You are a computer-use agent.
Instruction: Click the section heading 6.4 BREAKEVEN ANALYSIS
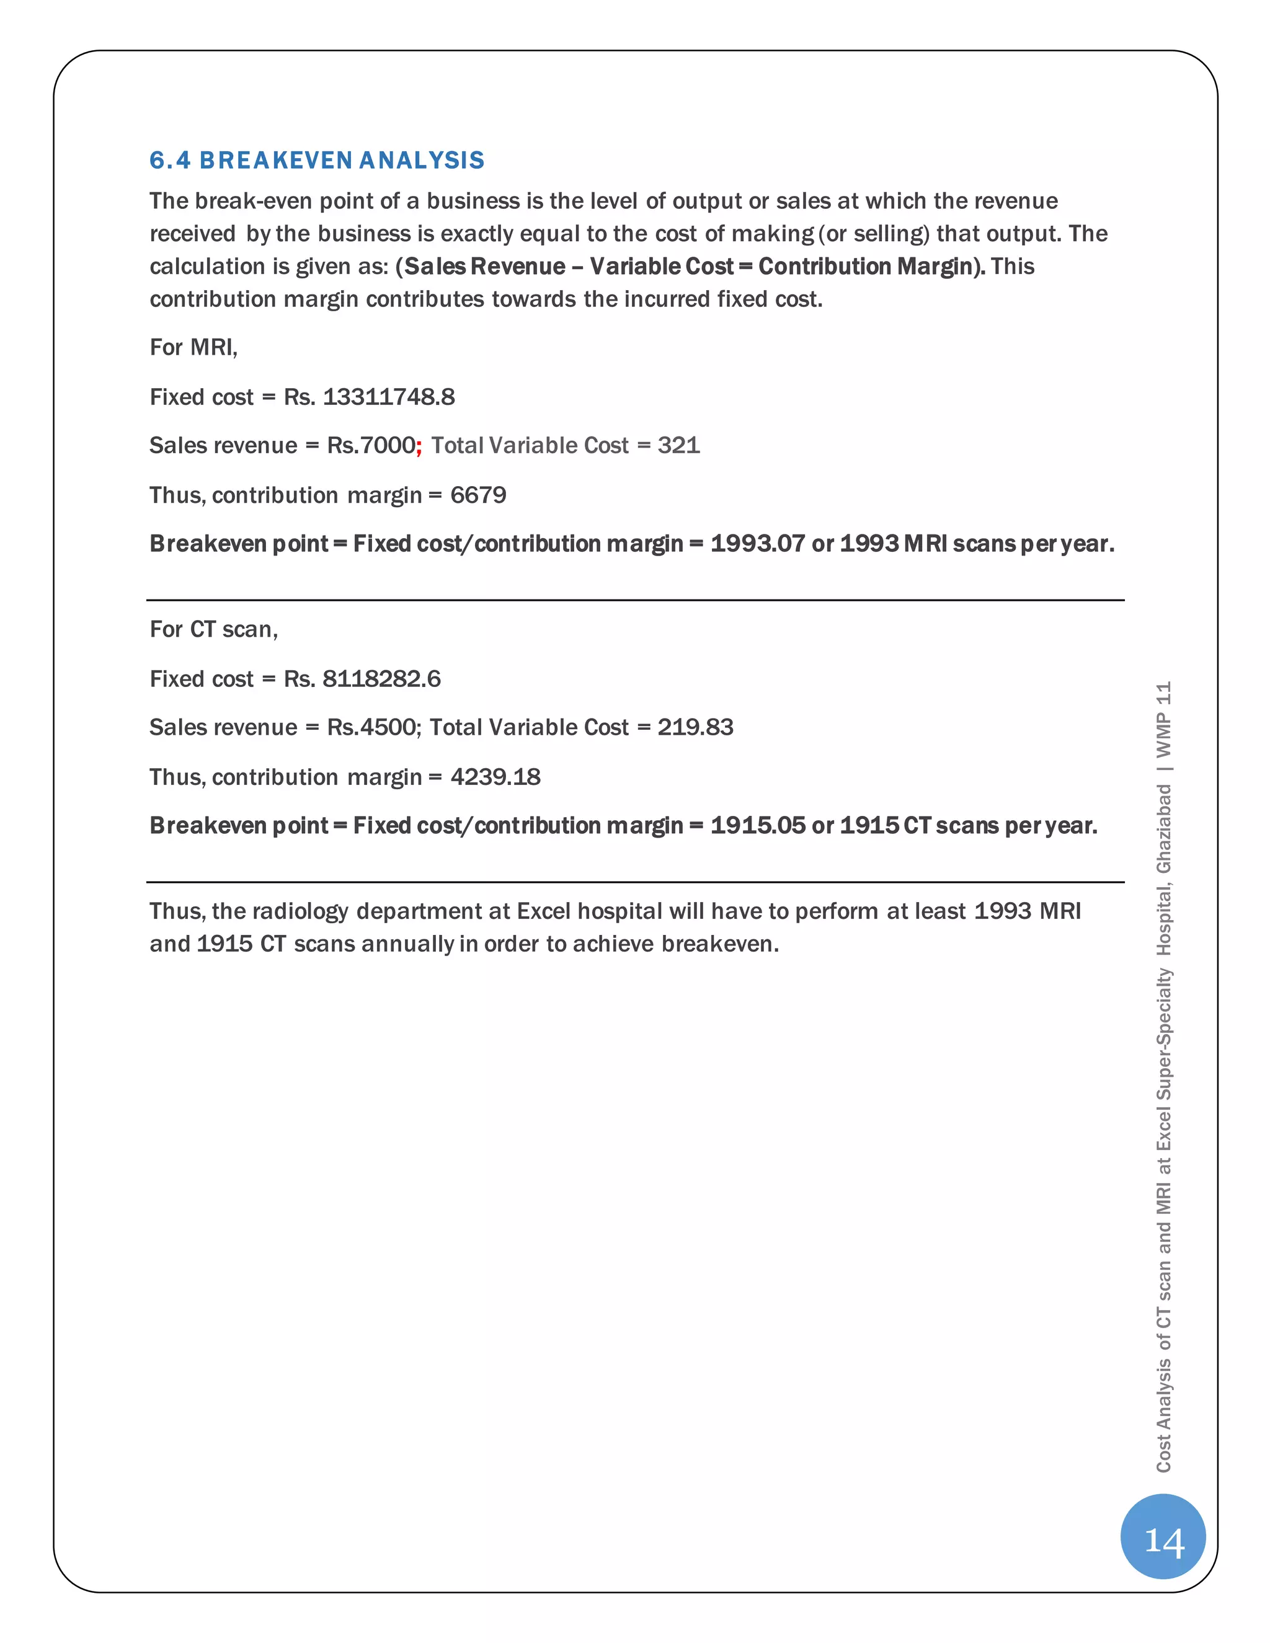317,160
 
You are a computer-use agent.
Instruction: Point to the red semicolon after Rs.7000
419,446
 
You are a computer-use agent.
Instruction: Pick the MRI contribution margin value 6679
479,495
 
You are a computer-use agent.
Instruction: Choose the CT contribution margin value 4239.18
496,777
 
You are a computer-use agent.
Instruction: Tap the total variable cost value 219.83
695,727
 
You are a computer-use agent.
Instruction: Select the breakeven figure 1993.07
758,543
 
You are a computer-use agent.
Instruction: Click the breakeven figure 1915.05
758,825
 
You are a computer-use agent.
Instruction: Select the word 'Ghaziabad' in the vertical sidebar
1164,828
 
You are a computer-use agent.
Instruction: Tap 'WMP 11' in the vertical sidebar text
1164,719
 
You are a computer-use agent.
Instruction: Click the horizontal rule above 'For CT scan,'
635,600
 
